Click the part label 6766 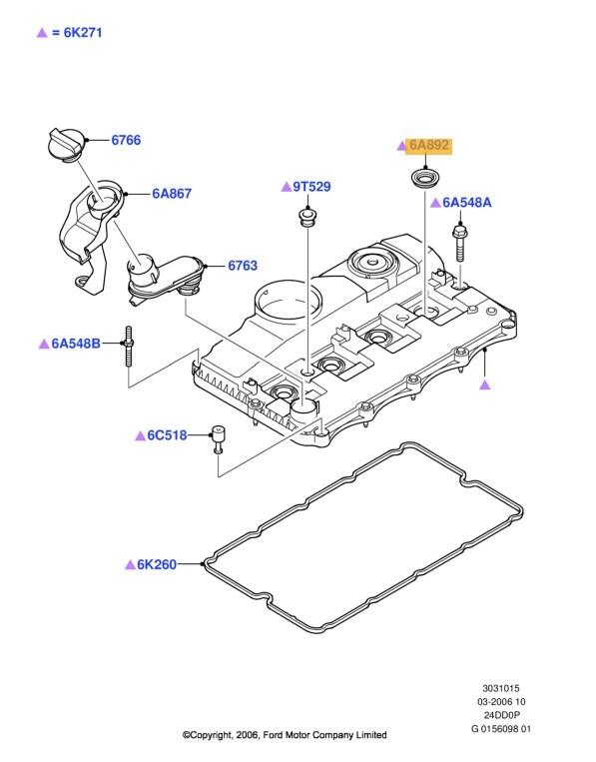coord(125,141)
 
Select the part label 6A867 coord(171,195)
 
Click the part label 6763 coord(242,266)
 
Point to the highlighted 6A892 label coord(429,146)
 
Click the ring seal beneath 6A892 coord(424,181)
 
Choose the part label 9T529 coord(310,187)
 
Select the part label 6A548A coord(467,203)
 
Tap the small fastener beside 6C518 coord(217,438)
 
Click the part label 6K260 coord(158,564)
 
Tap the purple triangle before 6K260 coord(130,564)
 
